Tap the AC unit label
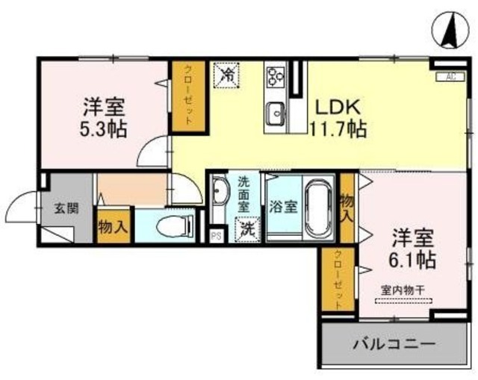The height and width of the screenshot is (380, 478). point(450,75)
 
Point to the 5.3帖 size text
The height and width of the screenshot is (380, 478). point(104,128)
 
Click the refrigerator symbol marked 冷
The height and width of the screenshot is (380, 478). point(225,73)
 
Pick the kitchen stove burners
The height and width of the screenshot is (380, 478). point(276,75)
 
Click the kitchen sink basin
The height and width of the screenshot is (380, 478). point(276,114)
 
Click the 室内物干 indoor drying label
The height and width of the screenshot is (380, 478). point(404,290)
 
